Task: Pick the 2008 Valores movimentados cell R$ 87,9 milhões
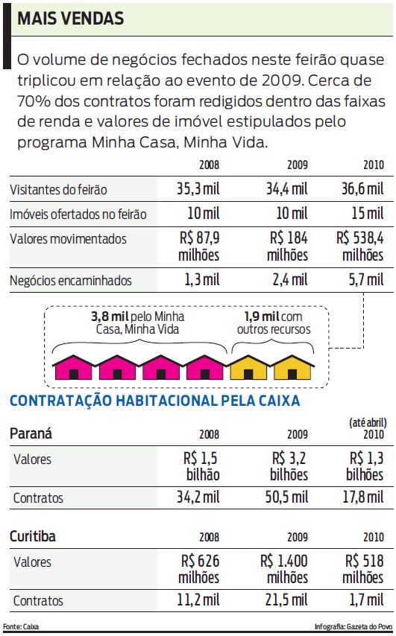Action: point(199,247)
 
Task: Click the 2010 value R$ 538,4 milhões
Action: point(360,247)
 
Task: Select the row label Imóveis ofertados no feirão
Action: point(78,214)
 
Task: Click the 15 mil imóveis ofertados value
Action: point(366,214)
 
